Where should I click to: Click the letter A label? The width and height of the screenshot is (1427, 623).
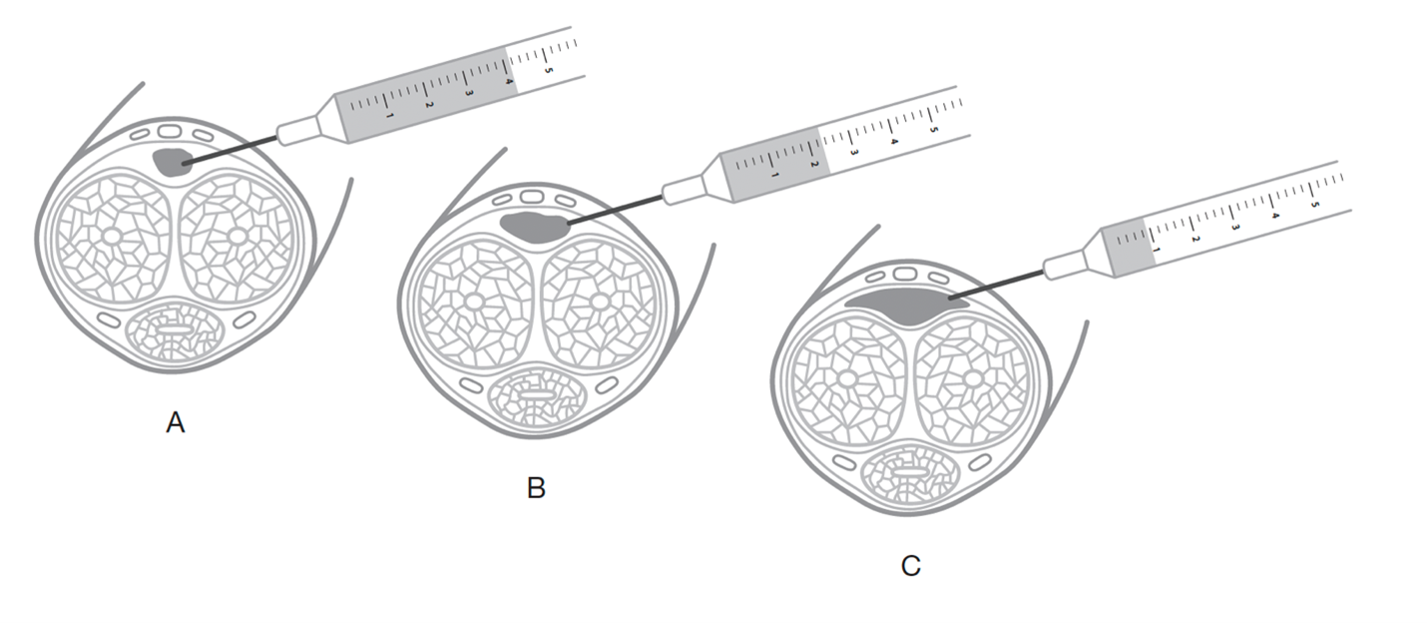tap(176, 423)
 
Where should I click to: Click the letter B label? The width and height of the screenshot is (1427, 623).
tap(536, 488)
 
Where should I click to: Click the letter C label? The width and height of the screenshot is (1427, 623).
tap(910, 566)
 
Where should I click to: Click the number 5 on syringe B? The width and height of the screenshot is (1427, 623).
tap(932, 130)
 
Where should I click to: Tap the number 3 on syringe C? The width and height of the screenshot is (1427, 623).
tap(1235, 228)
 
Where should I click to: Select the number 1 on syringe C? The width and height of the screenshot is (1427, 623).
tap(1157, 250)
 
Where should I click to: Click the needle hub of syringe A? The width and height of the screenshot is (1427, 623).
tap(296, 131)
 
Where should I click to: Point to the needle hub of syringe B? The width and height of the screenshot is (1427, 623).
tap(682, 191)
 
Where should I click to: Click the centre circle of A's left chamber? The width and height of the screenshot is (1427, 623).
tap(113, 237)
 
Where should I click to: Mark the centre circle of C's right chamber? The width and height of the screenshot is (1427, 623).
tap(972, 378)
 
